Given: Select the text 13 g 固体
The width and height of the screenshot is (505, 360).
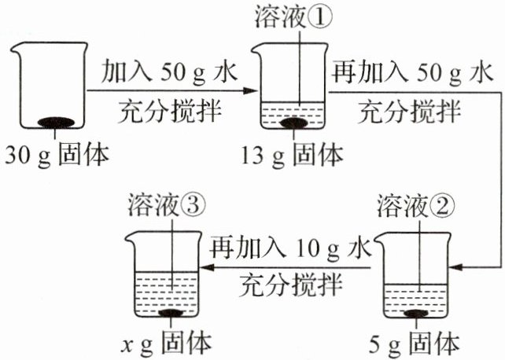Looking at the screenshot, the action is tap(296, 155).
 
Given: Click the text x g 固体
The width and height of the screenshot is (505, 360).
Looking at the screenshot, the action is tap(167, 343).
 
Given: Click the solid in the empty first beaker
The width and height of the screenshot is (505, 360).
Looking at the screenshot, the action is tap(57, 123).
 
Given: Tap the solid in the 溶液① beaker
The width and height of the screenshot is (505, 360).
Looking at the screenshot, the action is tap(296, 123).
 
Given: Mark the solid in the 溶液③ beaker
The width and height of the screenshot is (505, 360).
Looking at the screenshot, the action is tap(173, 314).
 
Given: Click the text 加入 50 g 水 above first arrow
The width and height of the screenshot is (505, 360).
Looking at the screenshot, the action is tap(169, 74).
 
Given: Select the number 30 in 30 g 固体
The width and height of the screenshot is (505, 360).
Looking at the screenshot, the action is tap(17, 156).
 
